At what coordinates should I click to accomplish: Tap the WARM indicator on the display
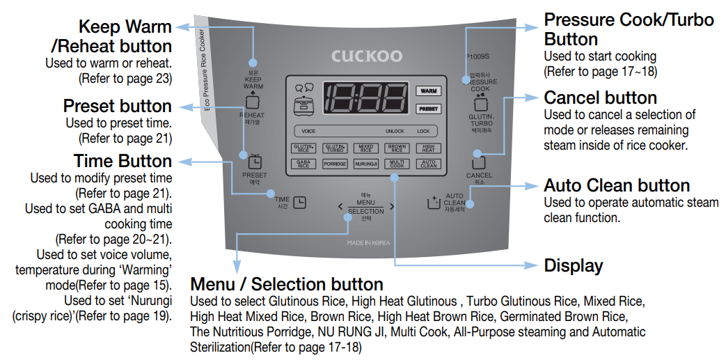coord(428,91)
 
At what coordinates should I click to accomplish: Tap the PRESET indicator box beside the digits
coord(428,109)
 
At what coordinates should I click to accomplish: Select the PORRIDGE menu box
coord(335,164)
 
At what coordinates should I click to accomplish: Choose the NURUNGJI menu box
coord(366,164)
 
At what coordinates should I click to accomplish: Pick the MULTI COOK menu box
coord(397,164)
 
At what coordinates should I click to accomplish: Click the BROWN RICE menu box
coord(397,148)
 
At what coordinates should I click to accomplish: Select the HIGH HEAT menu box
coord(428,148)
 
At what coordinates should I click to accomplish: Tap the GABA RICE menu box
coord(303,164)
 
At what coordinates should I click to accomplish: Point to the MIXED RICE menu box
coord(366,148)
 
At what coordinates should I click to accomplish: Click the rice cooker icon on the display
coord(304,106)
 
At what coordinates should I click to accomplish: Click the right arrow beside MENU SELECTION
coord(392,206)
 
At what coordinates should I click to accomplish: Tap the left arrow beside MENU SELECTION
coord(340,206)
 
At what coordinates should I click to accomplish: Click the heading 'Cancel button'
coord(600,97)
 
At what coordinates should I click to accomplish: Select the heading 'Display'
coord(573,265)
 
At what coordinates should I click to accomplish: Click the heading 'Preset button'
coord(117,106)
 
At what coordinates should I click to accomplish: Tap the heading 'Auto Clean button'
coord(617,185)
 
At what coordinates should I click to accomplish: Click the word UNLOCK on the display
coord(395,131)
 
